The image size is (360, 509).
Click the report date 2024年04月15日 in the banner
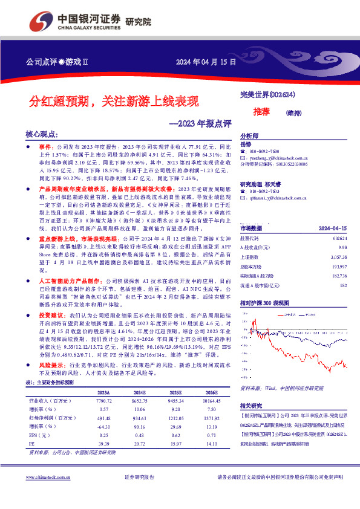[x=205, y=62]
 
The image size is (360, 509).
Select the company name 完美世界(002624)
[x=264, y=96]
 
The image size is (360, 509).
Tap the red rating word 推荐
[x=261, y=112]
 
